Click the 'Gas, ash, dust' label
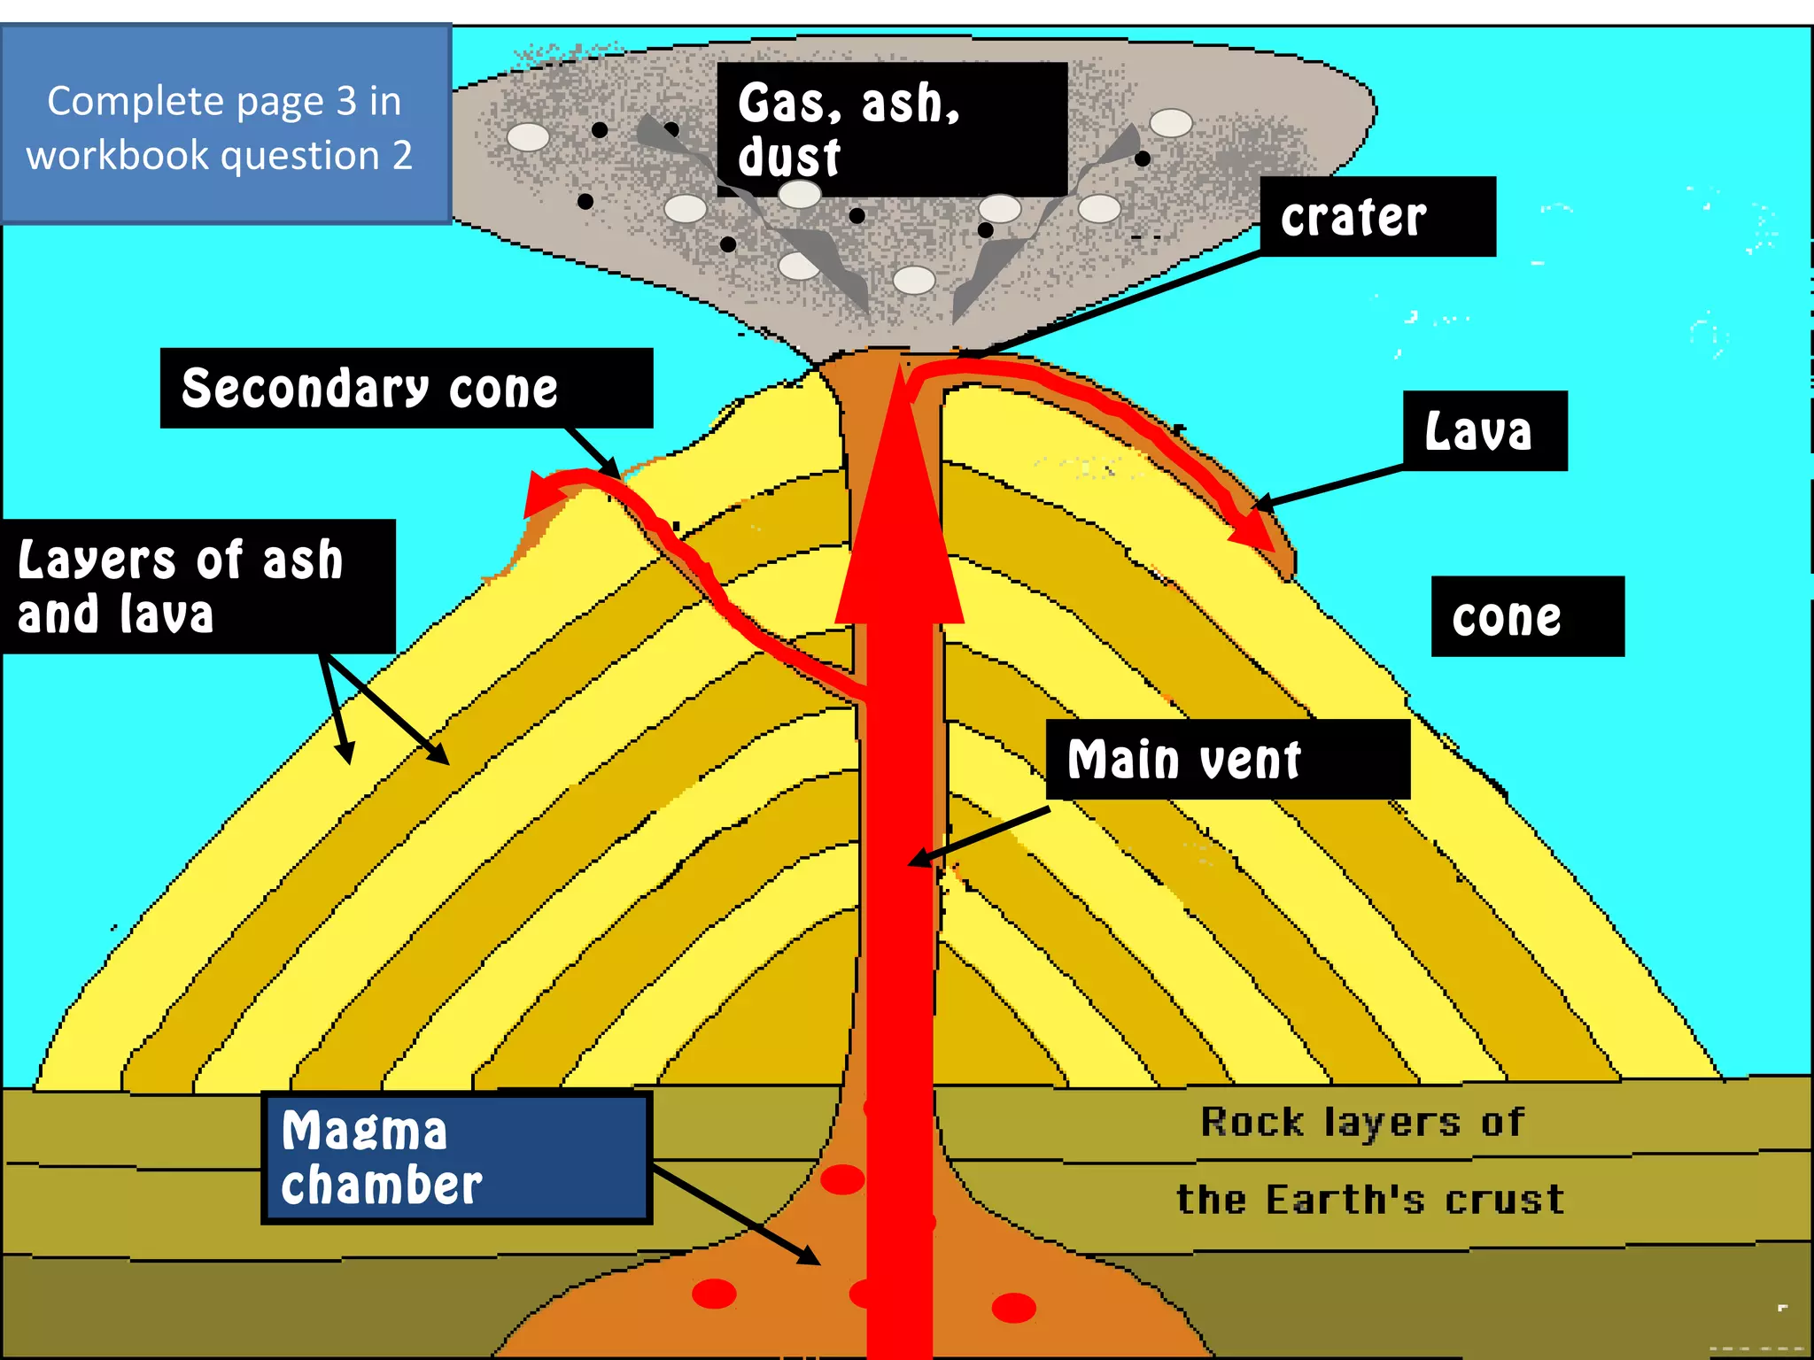pyautogui.click(x=891, y=129)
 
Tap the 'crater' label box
pyautogui.click(x=1377, y=217)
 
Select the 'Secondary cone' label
pyautogui.click(x=406, y=388)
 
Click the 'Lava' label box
pyautogui.click(x=1485, y=431)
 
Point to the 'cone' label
pyautogui.click(x=1527, y=617)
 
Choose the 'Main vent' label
pyautogui.click(x=1227, y=760)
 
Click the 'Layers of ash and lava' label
pyautogui.click(x=198, y=586)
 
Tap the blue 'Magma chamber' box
pyautogui.click(x=456, y=1158)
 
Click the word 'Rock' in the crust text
pyautogui.click(x=1252, y=1123)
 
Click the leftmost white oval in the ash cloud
pyautogui.click(x=528, y=137)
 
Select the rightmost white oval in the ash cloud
pyautogui.click(x=1170, y=123)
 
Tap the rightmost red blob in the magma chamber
pyautogui.click(x=1013, y=1307)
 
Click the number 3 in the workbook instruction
pyautogui.click(x=346, y=102)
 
